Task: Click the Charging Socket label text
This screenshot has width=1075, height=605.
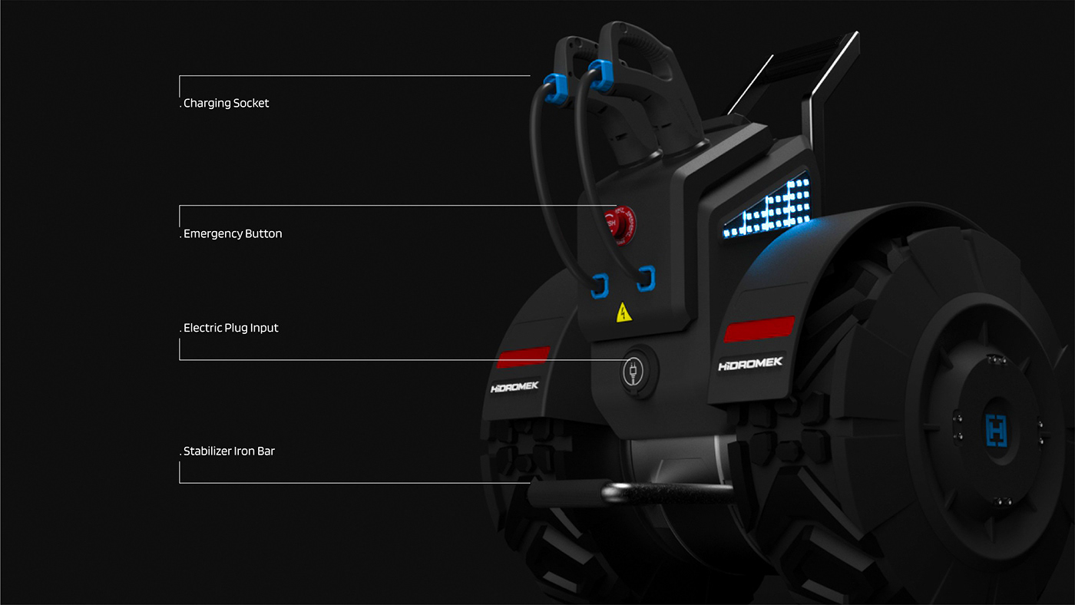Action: pos(227,103)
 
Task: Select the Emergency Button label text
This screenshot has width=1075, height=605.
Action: pos(233,233)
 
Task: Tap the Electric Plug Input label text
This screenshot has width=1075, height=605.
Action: pos(231,328)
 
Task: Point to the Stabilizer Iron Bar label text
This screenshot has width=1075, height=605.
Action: pos(229,451)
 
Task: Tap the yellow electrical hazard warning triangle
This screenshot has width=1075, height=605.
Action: pos(623,312)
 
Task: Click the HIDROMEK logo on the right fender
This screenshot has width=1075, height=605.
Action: pos(751,364)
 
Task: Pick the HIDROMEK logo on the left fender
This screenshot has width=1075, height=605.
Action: pos(515,387)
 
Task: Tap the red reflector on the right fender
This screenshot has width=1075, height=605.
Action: pos(759,329)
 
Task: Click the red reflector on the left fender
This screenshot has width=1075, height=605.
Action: pos(523,357)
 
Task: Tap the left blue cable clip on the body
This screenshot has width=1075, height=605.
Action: pos(599,286)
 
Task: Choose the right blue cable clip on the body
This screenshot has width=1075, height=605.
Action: pos(647,279)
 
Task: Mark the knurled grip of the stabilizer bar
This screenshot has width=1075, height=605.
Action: pos(564,491)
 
